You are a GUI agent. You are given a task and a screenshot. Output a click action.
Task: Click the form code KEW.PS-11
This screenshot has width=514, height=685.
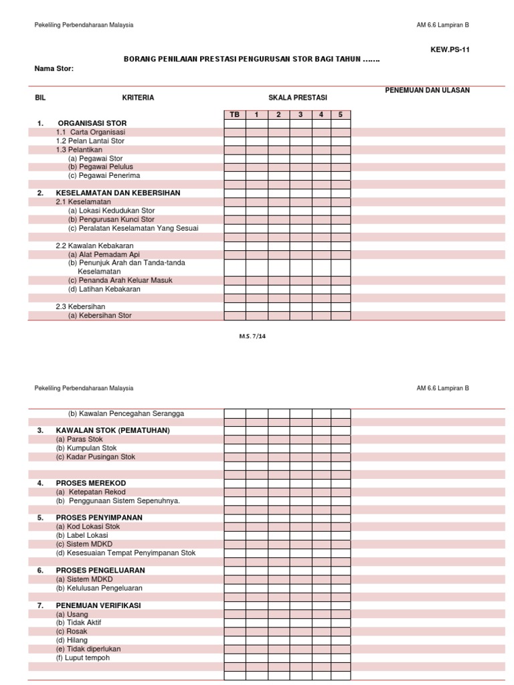click(x=450, y=49)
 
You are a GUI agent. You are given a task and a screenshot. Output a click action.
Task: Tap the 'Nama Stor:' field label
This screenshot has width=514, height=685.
click(x=54, y=68)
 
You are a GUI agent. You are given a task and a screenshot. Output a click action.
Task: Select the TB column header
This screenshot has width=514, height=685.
click(x=234, y=114)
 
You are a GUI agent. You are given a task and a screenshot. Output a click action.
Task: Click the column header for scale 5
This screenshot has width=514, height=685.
click(x=340, y=114)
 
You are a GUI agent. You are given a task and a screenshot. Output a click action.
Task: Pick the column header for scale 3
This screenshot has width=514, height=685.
click(x=301, y=114)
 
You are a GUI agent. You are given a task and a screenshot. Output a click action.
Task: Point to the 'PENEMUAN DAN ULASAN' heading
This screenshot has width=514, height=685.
click(x=427, y=90)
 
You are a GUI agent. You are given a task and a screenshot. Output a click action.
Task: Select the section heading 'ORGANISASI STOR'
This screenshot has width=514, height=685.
click(x=92, y=123)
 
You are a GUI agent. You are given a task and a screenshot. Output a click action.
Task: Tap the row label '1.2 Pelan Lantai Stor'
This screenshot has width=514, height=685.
click(x=90, y=141)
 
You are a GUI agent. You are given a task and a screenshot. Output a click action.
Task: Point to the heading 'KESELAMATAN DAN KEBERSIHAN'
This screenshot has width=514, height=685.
click(x=118, y=193)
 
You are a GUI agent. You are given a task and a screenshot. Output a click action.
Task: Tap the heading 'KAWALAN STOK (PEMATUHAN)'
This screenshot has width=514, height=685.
click(x=112, y=430)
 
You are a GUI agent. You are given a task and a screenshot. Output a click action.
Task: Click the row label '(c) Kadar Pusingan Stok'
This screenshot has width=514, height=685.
click(x=95, y=457)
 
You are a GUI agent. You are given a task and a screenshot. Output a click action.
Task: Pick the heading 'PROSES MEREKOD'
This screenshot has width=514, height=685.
click(x=90, y=483)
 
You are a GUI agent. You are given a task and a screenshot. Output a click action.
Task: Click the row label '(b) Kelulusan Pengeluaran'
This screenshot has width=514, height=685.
click(x=99, y=588)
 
